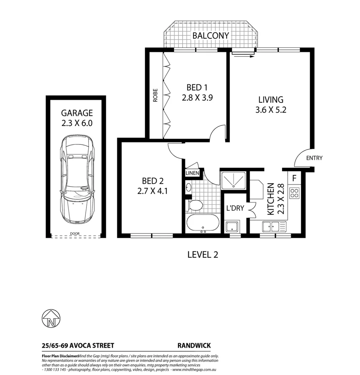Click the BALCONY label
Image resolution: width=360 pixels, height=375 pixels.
click(211, 35)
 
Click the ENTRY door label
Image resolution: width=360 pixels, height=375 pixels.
click(314, 158)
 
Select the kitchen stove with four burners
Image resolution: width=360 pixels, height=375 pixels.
click(295, 193)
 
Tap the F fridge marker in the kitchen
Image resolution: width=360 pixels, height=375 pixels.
click(294, 179)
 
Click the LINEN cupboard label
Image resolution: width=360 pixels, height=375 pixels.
click(192, 173)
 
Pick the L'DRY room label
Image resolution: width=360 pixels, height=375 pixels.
click(235, 208)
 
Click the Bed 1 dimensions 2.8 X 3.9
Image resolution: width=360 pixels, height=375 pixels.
click(197, 98)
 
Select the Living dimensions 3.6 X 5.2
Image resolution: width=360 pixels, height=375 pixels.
click(270, 111)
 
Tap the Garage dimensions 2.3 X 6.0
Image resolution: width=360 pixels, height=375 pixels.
click(77, 123)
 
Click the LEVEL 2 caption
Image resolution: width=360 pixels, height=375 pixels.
click(203, 255)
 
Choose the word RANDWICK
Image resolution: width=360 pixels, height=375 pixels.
click(194, 345)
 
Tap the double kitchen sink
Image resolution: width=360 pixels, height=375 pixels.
click(271, 227)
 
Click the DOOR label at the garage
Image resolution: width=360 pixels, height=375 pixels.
click(75, 234)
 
